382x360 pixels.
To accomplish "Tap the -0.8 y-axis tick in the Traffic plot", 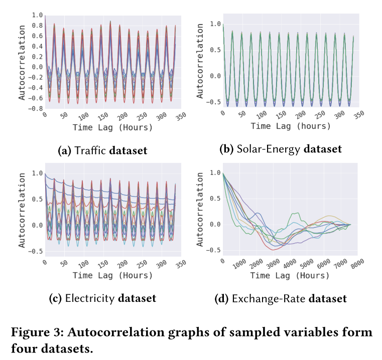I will pyautogui.click(x=35, y=108).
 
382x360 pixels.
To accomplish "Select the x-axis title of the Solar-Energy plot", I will pyautogui.click(x=291, y=125).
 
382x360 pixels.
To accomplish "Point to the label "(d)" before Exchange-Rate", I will pyautogui.click(x=222, y=299).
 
